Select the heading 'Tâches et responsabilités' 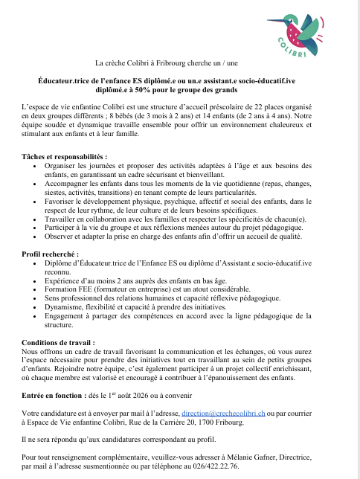point(64,157)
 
